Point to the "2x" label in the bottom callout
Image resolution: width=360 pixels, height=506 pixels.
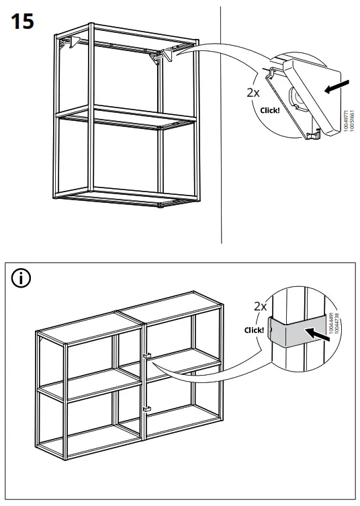(x=260, y=306)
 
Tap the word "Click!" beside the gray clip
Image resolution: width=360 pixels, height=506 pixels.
(x=255, y=331)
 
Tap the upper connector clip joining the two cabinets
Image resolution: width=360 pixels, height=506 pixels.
(x=145, y=355)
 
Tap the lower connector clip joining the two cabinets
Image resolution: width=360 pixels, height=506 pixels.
(x=145, y=409)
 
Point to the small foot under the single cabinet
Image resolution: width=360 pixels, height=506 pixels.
(x=161, y=208)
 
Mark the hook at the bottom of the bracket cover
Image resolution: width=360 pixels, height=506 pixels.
(x=310, y=136)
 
